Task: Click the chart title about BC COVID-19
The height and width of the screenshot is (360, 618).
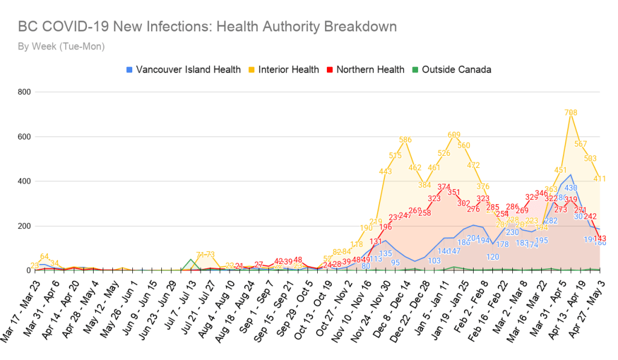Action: click(x=208, y=27)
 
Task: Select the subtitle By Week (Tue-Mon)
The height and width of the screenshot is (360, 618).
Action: click(x=61, y=47)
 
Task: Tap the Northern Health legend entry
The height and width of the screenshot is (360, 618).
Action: click(x=365, y=69)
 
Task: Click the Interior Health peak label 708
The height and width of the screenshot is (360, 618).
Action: click(x=571, y=112)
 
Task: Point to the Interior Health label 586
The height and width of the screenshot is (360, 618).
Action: click(x=405, y=140)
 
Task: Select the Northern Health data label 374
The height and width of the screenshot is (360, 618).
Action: click(x=444, y=187)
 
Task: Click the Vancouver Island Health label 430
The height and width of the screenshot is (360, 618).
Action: click(x=571, y=188)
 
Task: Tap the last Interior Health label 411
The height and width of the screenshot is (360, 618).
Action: click(x=600, y=179)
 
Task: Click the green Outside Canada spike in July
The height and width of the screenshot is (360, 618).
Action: click(x=191, y=260)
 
